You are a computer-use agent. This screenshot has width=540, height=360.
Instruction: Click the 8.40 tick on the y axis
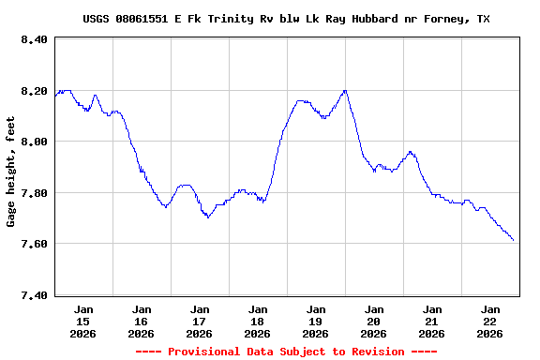33,39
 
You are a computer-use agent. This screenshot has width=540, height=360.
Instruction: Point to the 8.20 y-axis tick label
33,91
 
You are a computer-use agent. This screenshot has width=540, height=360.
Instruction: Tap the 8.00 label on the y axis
33,142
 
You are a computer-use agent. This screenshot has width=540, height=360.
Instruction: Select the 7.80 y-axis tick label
33,193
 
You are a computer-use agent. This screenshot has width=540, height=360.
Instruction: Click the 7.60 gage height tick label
33,244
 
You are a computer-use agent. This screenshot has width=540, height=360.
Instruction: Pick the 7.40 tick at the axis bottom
33,295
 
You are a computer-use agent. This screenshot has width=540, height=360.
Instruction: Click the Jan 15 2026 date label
83,321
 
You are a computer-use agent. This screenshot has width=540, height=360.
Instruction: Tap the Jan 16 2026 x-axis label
142,321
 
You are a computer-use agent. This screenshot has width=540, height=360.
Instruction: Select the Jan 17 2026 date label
200,321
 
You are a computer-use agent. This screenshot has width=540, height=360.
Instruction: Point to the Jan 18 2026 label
258,321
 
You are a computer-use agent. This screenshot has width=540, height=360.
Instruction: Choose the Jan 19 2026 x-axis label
316,321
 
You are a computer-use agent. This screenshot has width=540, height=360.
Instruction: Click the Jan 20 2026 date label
374,321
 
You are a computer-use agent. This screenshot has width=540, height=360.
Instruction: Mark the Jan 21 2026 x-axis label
432,321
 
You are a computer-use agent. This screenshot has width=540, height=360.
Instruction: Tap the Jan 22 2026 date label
490,321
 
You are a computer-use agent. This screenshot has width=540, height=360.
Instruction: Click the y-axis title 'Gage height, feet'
11,172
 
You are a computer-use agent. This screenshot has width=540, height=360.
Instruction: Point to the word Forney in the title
445,19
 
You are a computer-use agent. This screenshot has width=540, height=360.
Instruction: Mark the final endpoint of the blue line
514,241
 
